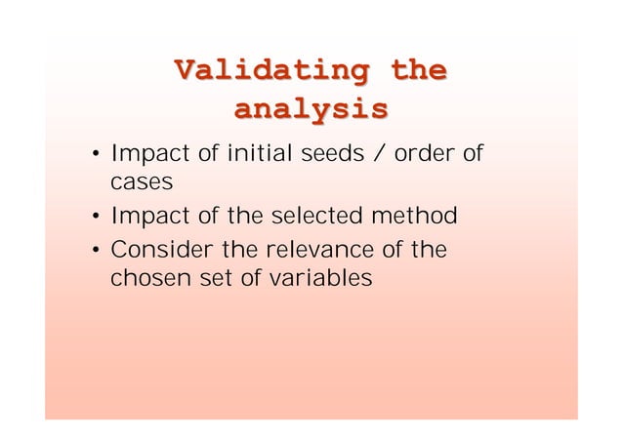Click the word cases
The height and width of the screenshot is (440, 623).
tap(139, 182)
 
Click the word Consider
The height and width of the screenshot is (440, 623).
tap(158, 251)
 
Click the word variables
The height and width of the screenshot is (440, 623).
tap(319, 279)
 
